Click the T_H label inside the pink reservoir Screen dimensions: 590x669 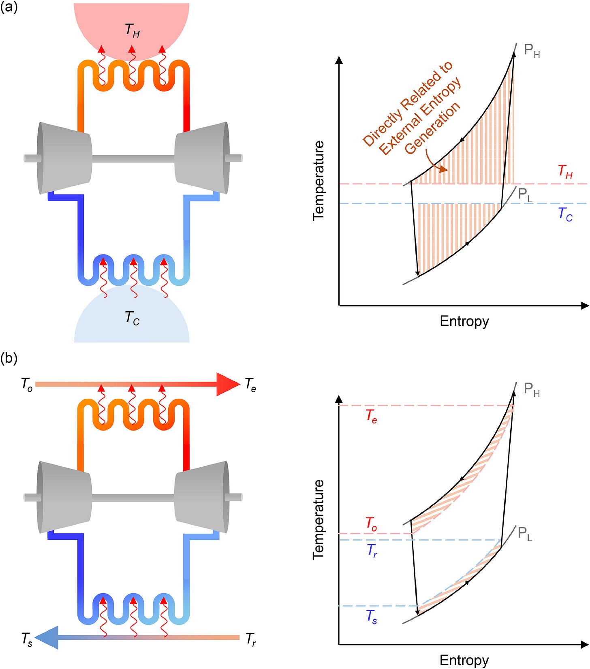133,30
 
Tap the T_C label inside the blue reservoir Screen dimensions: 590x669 133,318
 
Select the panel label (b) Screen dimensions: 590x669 9,358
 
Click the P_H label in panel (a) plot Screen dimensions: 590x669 532,51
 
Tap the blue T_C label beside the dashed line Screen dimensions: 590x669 565,214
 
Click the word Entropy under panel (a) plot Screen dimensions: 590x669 464,321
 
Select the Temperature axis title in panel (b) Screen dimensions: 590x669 319,519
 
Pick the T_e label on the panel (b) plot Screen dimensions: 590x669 371,416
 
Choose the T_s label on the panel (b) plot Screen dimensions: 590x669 372,617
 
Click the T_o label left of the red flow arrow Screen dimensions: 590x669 27,384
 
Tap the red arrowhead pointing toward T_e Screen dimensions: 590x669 228,384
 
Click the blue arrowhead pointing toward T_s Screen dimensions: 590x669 49,637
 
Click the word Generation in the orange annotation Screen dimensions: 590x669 432,128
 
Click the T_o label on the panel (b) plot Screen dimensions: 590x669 371,524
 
